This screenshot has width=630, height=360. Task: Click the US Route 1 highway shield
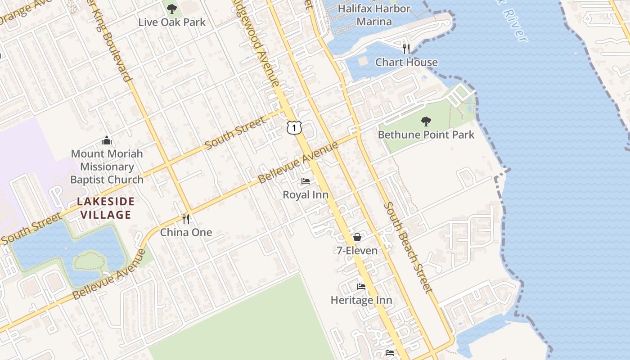pos(294,128)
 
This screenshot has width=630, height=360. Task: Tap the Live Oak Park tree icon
pos(171,9)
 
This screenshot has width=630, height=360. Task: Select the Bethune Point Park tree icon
pos(426,121)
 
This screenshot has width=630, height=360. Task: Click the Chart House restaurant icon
pos(406,49)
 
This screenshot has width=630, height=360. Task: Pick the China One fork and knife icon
pos(186,219)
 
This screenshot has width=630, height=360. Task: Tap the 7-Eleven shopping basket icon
pos(357,237)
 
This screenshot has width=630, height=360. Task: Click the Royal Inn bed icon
pos(306,181)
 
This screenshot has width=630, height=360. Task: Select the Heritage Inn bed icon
pos(361,287)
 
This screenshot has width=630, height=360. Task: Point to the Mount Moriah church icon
pos(107,140)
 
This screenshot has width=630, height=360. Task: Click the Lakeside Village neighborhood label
pos(106,208)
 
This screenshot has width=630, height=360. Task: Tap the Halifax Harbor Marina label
pos(374,15)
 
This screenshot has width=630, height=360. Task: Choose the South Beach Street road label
pos(408,247)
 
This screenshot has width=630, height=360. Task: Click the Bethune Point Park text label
pos(426,135)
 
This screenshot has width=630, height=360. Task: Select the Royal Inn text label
pos(306,195)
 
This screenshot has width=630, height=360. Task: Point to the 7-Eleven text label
pos(357,251)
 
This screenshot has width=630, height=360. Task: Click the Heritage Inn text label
pos(361,300)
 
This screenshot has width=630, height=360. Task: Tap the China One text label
pos(186,233)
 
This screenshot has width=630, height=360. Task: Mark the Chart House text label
pos(406,63)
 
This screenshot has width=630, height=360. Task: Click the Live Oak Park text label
pos(171,22)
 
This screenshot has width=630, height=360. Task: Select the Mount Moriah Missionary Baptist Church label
pos(107,166)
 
